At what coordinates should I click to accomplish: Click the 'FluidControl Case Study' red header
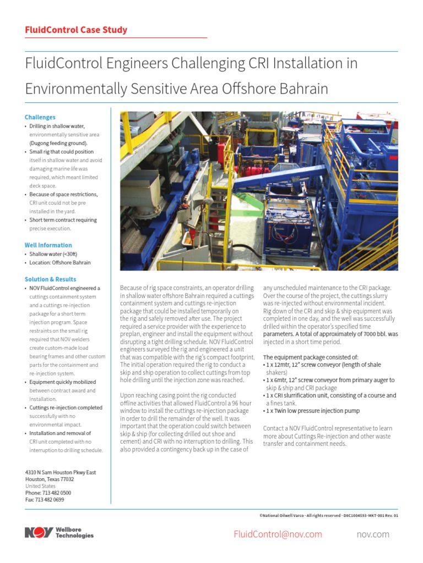[76, 30]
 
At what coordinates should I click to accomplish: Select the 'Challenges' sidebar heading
[40, 117]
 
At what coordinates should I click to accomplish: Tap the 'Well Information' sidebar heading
[48, 245]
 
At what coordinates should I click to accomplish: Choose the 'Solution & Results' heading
[51, 279]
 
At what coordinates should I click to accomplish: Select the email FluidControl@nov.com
[278, 534]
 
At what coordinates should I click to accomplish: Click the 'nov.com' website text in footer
[373, 534]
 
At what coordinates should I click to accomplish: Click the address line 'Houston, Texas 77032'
[50, 479]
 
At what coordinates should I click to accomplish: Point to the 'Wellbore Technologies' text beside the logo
[74, 533]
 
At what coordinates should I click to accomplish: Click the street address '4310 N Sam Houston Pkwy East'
[61, 472]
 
